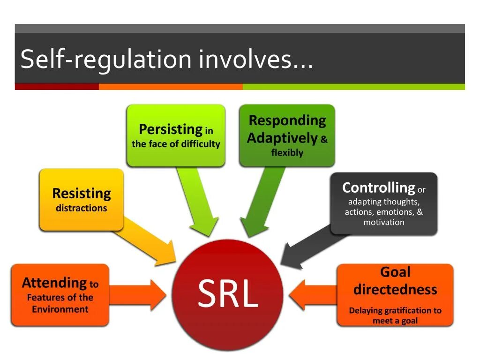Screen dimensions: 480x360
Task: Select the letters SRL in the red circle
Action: pos(228,294)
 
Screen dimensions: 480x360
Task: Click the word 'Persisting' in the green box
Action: pos(170,129)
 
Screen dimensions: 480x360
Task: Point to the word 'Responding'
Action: pos(287,120)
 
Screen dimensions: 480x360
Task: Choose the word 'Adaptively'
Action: pos(282,138)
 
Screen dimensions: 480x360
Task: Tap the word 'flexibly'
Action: pos(287,153)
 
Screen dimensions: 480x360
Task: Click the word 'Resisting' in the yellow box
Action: pos(82,193)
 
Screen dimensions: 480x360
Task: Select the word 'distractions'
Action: pos(82,208)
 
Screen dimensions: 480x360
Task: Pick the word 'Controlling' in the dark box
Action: pos(378,188)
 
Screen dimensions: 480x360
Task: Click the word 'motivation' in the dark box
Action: pos(383,222)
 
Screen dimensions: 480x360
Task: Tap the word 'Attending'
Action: pos(54,283)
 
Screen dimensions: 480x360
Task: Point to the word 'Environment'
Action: pos(60,309)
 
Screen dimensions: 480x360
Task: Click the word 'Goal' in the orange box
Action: pos(395,272)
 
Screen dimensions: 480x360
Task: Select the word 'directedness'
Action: pos(395,289)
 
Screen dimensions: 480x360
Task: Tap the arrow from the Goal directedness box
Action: pos(312,295)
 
